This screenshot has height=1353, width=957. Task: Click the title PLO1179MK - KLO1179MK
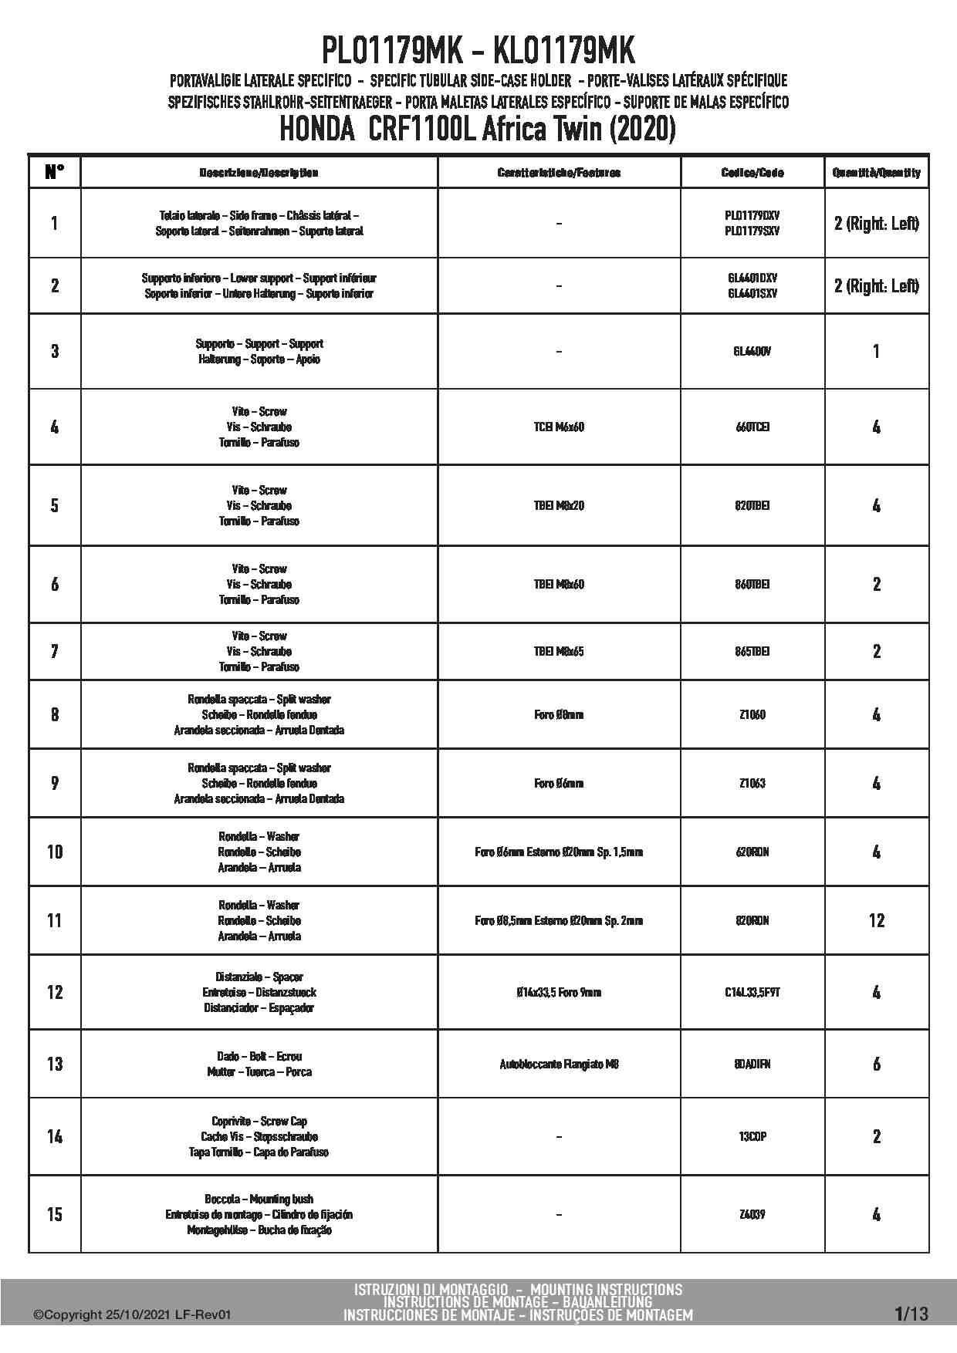pyautogui.click(x=478, y=52)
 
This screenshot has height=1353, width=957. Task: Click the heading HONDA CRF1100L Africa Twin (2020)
pyautogui.click(x=478, y=129)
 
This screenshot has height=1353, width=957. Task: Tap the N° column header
pyautogui.click(x=54, y=172)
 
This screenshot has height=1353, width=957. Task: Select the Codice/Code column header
pyautogui.click(x=752, y=173)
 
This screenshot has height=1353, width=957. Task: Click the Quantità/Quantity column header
pyautogui.click(x=876, y=173)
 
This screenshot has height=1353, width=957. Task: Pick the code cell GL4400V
pyautogui.click(x=752, y=351)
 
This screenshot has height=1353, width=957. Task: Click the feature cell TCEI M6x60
pyautogui.click(x=559, y=427)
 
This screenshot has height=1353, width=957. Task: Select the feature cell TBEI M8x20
pyautogui.click(x=559, y=505)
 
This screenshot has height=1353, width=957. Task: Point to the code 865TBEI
pyautogui.click(x=752, y=651)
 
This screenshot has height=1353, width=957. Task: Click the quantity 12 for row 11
pyautogui.click(x=876, y=920)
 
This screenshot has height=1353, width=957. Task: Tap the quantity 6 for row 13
pyautogui.click(x=876, y=1064)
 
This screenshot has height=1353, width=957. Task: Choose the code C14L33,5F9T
pyautogui.click(x=752, y=992)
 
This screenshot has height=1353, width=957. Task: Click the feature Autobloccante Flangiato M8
pyautogui.click(x=559, y=1064)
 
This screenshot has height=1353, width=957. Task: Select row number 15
pyautogui.click(x=54, y=1214)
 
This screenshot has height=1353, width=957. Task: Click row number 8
pyautogui.click(x=54, y=714)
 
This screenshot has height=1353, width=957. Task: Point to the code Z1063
pyautogui.click(x=752, y=783)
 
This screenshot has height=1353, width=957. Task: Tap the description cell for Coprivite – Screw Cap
pyautogui.click(x=259, y=1136)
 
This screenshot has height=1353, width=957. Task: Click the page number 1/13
pyautogui.click(x=911, y=1314)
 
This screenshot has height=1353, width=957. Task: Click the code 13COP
pyautogui.click(x=752, y=1136)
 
